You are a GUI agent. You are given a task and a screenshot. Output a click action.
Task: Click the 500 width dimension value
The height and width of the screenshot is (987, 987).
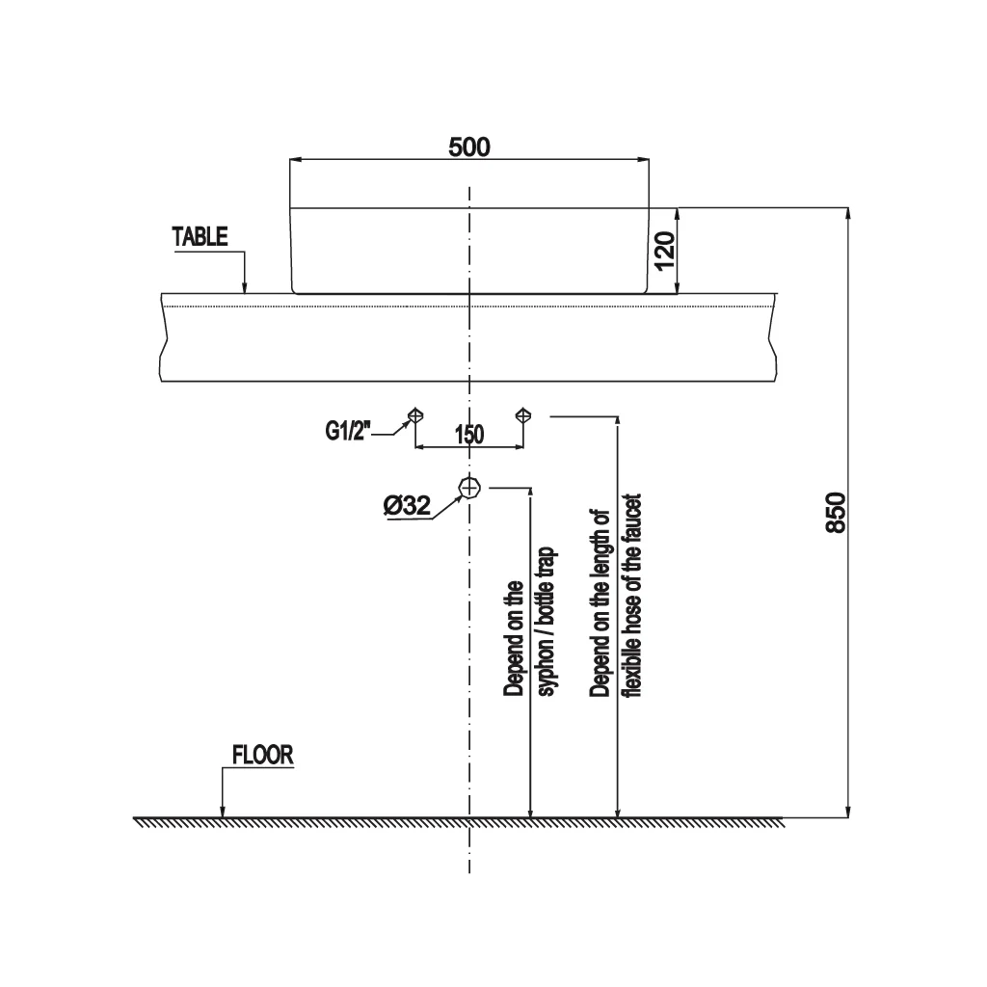(x=469, y=147)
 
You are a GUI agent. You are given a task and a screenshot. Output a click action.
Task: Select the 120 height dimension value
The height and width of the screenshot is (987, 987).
(x=665, y=252)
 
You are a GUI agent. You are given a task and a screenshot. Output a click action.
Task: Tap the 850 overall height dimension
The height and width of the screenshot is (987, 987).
(x=836, y=513)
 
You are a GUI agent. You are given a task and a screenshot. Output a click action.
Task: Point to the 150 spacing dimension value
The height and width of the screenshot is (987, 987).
(x=469, y=435)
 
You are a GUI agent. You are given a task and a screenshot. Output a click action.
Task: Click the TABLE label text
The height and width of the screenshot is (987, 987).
(x=200, y=237)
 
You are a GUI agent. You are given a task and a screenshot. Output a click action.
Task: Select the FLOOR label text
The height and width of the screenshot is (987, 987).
(x=262, y=755)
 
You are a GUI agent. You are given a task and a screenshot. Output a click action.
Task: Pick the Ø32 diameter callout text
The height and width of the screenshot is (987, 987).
(x=408, y=505)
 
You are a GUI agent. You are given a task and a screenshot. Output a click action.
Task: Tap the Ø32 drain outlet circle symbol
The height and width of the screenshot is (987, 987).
(x=469, y=487)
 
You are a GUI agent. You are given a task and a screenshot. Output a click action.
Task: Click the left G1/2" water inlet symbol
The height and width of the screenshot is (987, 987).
(x=415, y=415)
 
